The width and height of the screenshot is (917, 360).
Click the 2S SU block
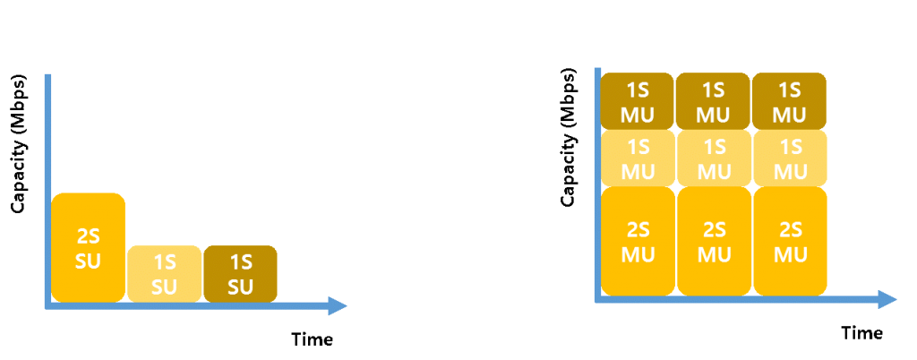pyautogui.click(x=89, y=247)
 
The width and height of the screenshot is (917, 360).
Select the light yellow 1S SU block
pyautogui.click(x=165, y=274)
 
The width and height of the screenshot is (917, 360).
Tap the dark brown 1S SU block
pyautogui.click(x=240, y=274)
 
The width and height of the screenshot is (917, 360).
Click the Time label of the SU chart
pyautogui.click(x=313, y=339)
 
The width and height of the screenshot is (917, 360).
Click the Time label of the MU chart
pyautogui.click(x=862, y=333)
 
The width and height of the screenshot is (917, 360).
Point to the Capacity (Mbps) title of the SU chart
pyautogui.click(x=19, y=144)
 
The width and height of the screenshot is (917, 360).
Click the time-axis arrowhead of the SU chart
pyautogui.click(x=338, y=306)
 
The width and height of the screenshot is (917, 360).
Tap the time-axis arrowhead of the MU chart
pyautogui.click(x=887, y=300)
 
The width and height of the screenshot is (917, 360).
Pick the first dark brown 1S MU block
pyautogui.click(x=638, y=101)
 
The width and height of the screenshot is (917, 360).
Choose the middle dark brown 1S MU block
pyautogui.click(x=714, y=101)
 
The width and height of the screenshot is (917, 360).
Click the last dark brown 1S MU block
pyautogui.click(x=790, y=101)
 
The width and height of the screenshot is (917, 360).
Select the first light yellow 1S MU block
pyautogui.click(x=638, y=158)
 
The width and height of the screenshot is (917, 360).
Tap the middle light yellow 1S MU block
pyautogui.click(x=714, y=158)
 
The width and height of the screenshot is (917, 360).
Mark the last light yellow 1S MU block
pyautogui.click(x=790, y=158)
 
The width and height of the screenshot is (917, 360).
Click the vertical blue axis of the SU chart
pyautogui.click(x=48, y=191)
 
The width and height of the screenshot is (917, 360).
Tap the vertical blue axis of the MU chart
pyautogui.click(x=597, y=185)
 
